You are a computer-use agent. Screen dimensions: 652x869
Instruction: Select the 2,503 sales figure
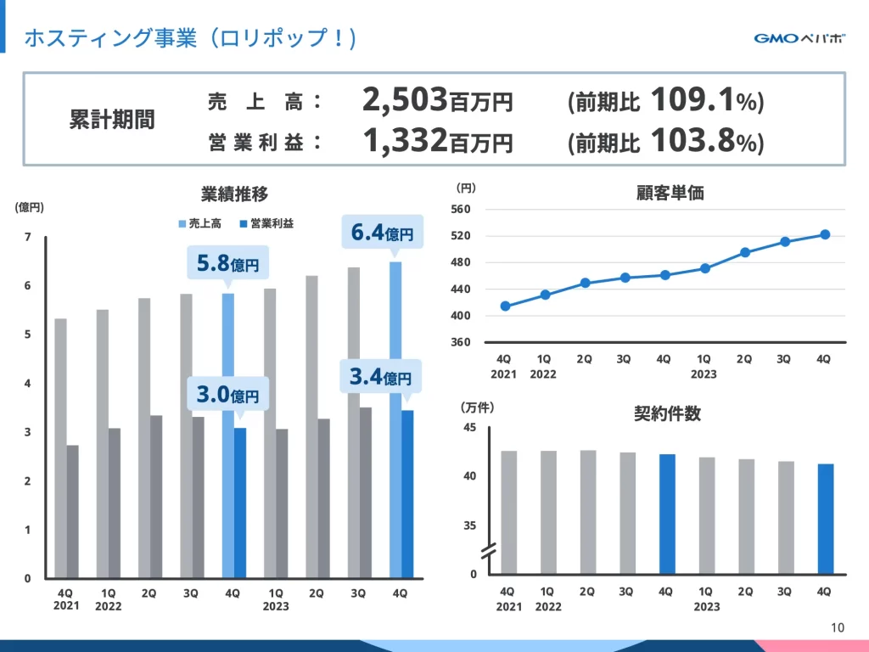point(405,101)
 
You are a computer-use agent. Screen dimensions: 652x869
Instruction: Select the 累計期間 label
point(112,120)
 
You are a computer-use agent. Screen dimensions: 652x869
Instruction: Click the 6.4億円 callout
point(383,232)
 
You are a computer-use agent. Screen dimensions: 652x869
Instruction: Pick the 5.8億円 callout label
point(228,264)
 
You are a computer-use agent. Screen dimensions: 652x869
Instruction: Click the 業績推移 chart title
point(234,194)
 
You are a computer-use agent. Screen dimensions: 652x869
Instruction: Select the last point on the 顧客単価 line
point(824,234)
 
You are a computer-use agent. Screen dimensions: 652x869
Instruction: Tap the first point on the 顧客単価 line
point(506,306)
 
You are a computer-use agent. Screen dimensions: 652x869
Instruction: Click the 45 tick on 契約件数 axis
point(469,427)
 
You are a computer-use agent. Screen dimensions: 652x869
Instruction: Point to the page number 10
point(838,628)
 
